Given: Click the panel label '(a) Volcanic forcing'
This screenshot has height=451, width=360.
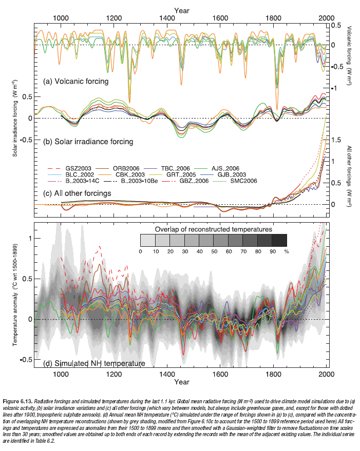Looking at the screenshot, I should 75,81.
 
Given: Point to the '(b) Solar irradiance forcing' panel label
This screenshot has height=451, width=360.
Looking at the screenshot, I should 88,141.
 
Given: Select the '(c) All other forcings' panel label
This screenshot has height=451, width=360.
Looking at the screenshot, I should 78,193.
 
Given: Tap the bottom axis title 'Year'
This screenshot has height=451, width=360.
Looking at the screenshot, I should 181,382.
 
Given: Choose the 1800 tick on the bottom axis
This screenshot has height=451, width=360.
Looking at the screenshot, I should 272,375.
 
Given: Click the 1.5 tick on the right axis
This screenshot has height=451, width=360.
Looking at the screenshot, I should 336,139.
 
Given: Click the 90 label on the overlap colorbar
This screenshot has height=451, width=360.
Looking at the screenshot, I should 272,251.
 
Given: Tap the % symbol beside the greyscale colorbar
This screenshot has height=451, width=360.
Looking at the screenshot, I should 287,251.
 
